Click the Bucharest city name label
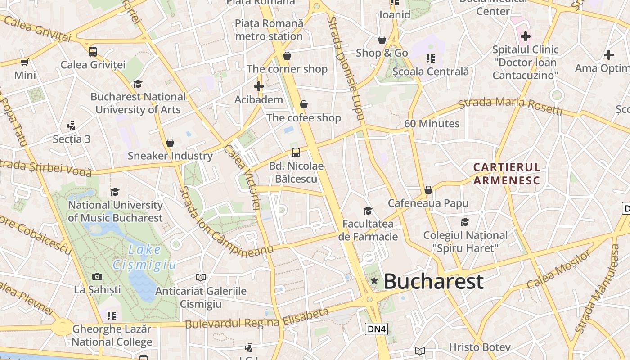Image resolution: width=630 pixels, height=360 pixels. (x=433, y=281)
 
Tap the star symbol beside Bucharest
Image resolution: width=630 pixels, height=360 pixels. (x=374, y=281)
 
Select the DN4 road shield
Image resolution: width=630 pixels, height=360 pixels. (x=377, y=329)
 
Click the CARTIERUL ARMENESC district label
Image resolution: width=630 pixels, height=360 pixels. (x=506, y=174)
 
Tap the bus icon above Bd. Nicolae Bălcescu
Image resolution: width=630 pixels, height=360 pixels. (x=296, y=152)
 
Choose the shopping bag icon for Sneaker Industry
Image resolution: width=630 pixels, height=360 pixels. (x=170, y=143)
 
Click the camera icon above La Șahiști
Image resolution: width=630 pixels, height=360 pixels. (x=97, y=276)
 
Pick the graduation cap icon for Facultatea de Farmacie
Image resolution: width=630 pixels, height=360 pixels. (x=368, y=211)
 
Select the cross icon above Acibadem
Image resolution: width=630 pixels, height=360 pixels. (x=259, y=86)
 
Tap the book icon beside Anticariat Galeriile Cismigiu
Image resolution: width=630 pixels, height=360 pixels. (x=201, y=277)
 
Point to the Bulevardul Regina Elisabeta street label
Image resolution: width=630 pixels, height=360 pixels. (x=257, y=318)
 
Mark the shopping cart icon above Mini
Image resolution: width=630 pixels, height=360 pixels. (x=24, y=62)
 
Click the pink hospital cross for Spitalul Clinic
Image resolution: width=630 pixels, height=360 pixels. (x=525, y=36)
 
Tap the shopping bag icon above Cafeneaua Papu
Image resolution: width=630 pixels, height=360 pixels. (x=428, y=190)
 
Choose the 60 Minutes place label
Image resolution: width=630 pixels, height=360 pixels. (x=432, y=124)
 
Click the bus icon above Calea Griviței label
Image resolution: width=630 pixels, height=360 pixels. (x=93, y=51)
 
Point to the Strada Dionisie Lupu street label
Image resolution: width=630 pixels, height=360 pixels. (x=346, y=67)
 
